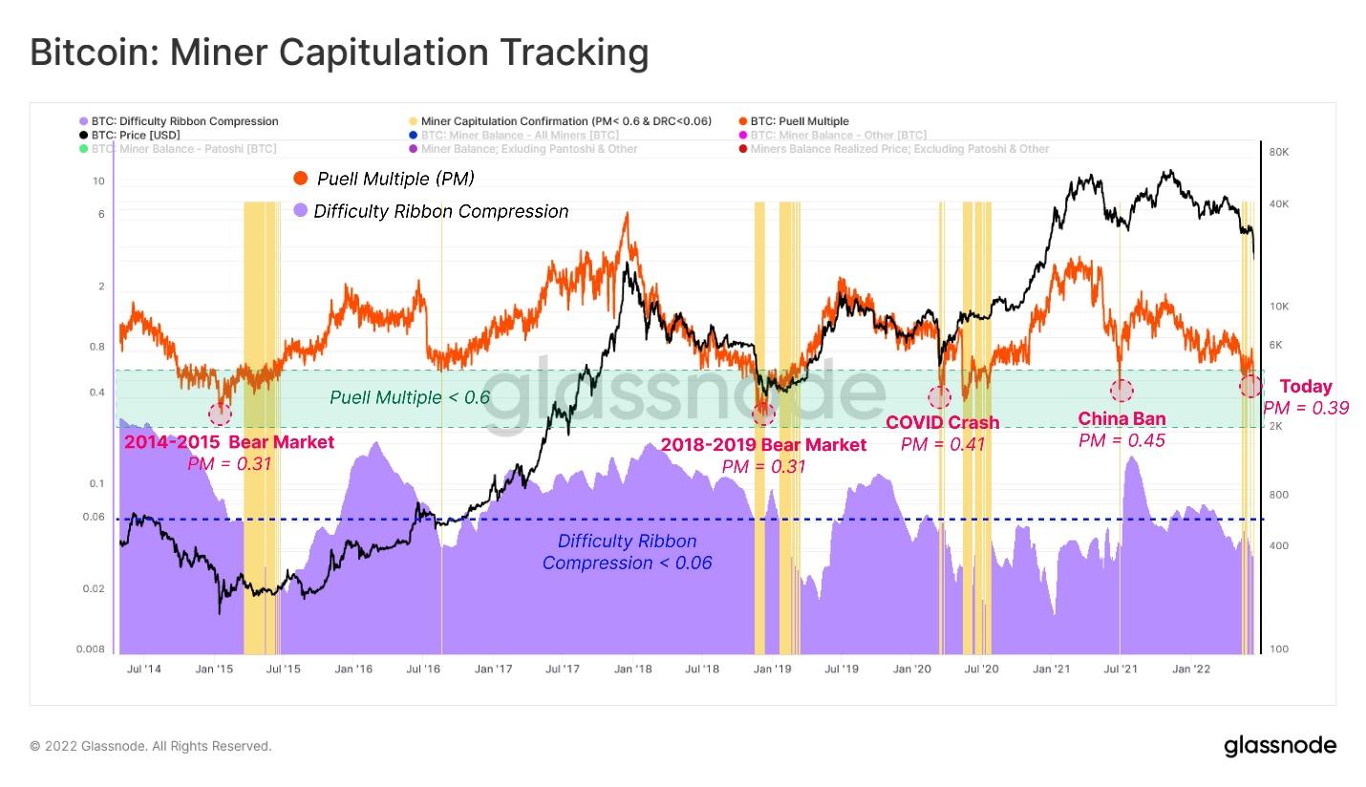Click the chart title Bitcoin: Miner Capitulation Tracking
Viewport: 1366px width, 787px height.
click(x=339, y=52)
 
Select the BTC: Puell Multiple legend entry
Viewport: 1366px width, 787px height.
click(x=799, y=121)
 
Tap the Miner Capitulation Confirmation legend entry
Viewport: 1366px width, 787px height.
click(x=566, y=121)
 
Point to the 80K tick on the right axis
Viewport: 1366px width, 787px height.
click(x=1278, y=153)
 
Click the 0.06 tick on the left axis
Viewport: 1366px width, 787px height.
click(x=94, y=518)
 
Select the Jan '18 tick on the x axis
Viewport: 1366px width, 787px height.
click(x=632, y=669)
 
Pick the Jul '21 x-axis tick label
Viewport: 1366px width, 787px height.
click(x=1121, y=669)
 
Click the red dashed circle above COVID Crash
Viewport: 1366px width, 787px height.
click(x=939, y=397)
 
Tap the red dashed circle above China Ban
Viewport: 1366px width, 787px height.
click(x=1121, y=390)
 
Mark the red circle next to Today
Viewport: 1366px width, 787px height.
click(x=1250, y=386)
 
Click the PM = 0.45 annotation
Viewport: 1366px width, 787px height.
click(x=1121, y=440)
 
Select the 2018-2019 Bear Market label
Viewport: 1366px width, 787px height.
click(x=763, y=445)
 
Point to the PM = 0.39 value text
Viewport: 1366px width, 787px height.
click(x=1305, y=408)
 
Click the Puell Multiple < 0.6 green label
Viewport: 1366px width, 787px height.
click(x=410, y=397)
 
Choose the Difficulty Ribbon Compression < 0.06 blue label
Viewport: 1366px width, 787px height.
click(x=627, y=552)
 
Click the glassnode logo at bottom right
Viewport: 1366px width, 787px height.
click(x=1280, y=746)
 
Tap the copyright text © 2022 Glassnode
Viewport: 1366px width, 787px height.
click(x=151, y=746)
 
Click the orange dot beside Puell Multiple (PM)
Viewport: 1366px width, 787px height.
click(x=301, y=179)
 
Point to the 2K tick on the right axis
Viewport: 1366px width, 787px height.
click(x=1276, y=426)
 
